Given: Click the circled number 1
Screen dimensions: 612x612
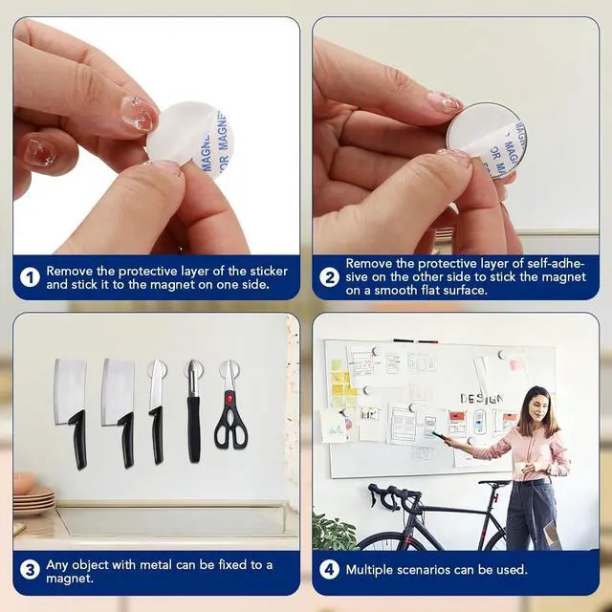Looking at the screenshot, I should tap(31, 277).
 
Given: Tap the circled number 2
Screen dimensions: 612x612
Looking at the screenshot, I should tap(329, 277).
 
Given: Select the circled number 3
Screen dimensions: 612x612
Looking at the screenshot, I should tap(31, 571).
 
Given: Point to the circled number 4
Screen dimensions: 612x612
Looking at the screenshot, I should tap(329, 571).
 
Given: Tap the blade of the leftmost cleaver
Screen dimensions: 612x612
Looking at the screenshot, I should tap(70, 391).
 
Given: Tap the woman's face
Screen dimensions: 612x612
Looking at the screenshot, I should tap(536, 406).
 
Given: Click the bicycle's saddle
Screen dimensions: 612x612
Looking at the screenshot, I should tap(494, 483).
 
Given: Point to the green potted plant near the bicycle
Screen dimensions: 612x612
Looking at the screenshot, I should tap(335, 532).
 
